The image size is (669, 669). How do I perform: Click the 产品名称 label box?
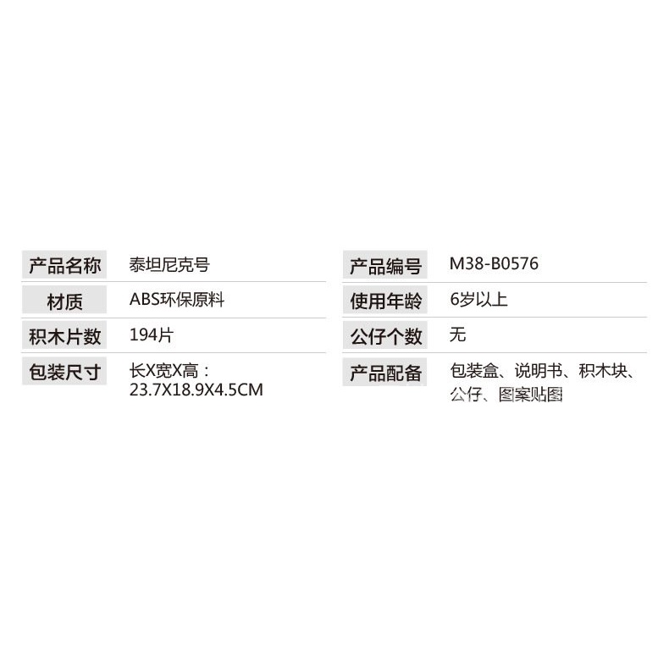(x=64, y=264)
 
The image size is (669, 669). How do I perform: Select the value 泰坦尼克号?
(x=169, y=264)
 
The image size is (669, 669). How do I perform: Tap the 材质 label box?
(x=64, y=301)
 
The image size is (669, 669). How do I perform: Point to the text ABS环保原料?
(x=177, y=300)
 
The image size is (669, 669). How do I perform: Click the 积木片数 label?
(x=64, y=336)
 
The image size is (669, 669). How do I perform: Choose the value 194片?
(x=151, y=335)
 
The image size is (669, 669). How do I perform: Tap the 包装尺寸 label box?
(x=64, y=372)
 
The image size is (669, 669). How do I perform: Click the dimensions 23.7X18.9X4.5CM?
(x=196, y=390)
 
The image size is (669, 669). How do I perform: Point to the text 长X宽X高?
(x=164, y=371)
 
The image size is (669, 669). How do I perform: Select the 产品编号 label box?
(x=384, y=265)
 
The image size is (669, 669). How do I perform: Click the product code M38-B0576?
(x=494, y=263)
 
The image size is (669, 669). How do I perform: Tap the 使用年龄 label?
(x=384, y=301)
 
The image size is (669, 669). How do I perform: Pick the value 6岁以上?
(x=478, y=300)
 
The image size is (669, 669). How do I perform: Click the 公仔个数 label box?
(x=384, y=336)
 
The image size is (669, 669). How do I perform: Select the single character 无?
(x=458, y=334)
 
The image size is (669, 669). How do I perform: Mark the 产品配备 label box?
(x=384, y=372)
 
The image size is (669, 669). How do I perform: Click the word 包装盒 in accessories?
(x=474, y=371)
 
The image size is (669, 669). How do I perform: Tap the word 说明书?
(x=539, y=371)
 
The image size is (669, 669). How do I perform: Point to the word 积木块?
(x=603, y=371)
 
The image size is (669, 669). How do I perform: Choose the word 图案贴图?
(x=530, y=395)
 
